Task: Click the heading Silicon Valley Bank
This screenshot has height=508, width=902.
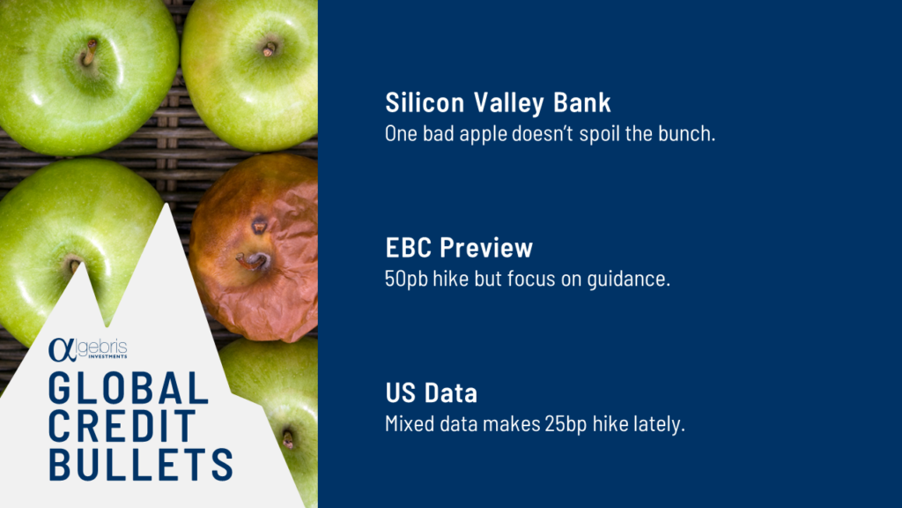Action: [x=498, y=102]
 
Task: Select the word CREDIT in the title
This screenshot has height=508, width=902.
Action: [x=122, y=427]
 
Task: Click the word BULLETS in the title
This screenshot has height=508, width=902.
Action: [x=141, y=465]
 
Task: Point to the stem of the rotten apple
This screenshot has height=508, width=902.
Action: [x=254, y=259]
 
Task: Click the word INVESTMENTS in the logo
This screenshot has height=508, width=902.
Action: [x=107, y=358]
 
